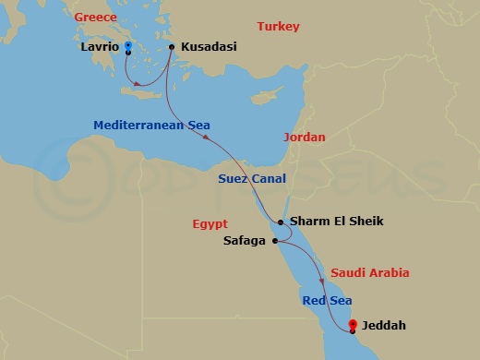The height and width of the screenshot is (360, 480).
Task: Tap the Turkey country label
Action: (278, 27)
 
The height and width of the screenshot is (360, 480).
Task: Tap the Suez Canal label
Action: (251, 178)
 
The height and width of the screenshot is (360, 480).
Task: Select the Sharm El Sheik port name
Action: (336, 222)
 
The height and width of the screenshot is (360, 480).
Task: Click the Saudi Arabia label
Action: (368, 273)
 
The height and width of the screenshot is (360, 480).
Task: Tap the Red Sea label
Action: (325, 301)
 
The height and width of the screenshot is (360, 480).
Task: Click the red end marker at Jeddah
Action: (354, 323)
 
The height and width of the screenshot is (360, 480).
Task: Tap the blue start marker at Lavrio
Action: (127, 45)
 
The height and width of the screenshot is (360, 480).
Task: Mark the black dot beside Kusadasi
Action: (172, 45)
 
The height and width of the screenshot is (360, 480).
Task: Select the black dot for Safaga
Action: (275, 241)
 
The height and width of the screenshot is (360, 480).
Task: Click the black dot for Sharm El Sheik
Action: (281, 222)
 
